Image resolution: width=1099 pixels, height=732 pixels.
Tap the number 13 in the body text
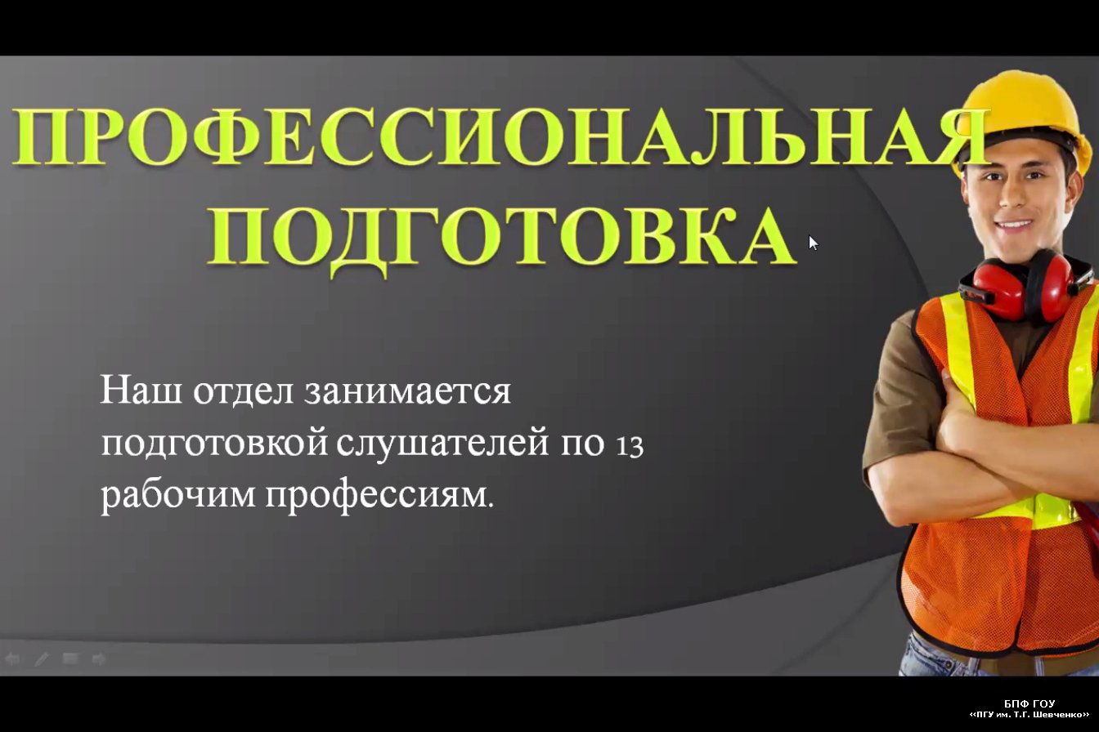pos(630,446)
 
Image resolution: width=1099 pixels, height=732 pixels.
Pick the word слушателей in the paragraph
pos(442,444)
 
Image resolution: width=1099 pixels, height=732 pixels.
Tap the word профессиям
pos(379,496)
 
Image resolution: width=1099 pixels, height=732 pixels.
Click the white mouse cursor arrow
pos(813,243)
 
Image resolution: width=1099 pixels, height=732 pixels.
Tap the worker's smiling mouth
pos(1016,225)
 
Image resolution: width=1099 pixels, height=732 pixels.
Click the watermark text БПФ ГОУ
pos(1029,703)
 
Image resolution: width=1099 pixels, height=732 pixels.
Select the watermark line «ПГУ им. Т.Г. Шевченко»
pos(1029,715)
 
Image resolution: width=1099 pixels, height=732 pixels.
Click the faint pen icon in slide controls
pos(42,659)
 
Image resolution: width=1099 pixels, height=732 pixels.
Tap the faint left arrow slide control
pos(12,659)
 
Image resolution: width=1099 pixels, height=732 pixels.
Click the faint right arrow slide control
pos(99,659)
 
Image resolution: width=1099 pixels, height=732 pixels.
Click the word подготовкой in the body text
pos(214,444)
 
